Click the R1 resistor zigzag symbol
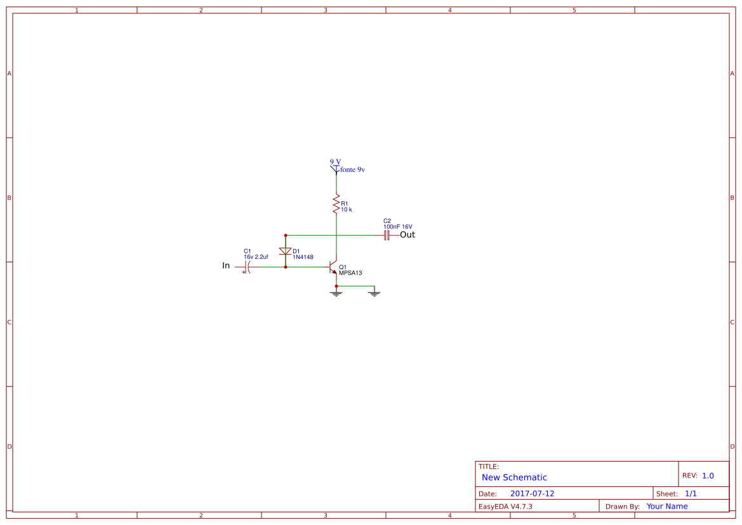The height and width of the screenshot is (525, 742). click(x=336, y=204)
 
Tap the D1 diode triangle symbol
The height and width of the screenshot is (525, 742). click(x=286, y=251)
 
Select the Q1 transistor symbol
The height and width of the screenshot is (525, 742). click(x=333, y=267)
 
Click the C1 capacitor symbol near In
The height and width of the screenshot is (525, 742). click(x=247, y=267)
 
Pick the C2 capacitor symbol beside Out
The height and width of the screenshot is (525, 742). click(x=387, y=236)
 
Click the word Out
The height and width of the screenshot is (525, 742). click(x=407, y=235)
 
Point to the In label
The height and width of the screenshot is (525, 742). click(x=226, y=265)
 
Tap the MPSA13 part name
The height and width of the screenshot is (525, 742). click(x=350, y=273)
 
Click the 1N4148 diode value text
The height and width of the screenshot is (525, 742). click(x=303, y=257)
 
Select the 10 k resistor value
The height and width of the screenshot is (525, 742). click(x=347, y=209)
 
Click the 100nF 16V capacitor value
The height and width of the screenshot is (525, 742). click(x=397, y=227)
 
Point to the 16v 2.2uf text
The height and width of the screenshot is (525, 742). click(x=256, y=257)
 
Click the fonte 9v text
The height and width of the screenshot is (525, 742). click(x=352, y=169)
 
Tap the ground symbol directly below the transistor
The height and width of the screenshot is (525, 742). click(x=336, y=293)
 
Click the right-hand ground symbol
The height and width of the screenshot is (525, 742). click(x=374, y=293)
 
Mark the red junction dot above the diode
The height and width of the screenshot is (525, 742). click(x=286, y=236)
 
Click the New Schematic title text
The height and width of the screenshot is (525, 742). click(x=514, y=477)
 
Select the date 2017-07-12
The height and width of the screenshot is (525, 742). click(x=533, y=494)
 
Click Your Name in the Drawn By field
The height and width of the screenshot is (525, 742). click(x=667, y=507)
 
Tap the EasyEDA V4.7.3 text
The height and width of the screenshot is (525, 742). click(x=505, y=507)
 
